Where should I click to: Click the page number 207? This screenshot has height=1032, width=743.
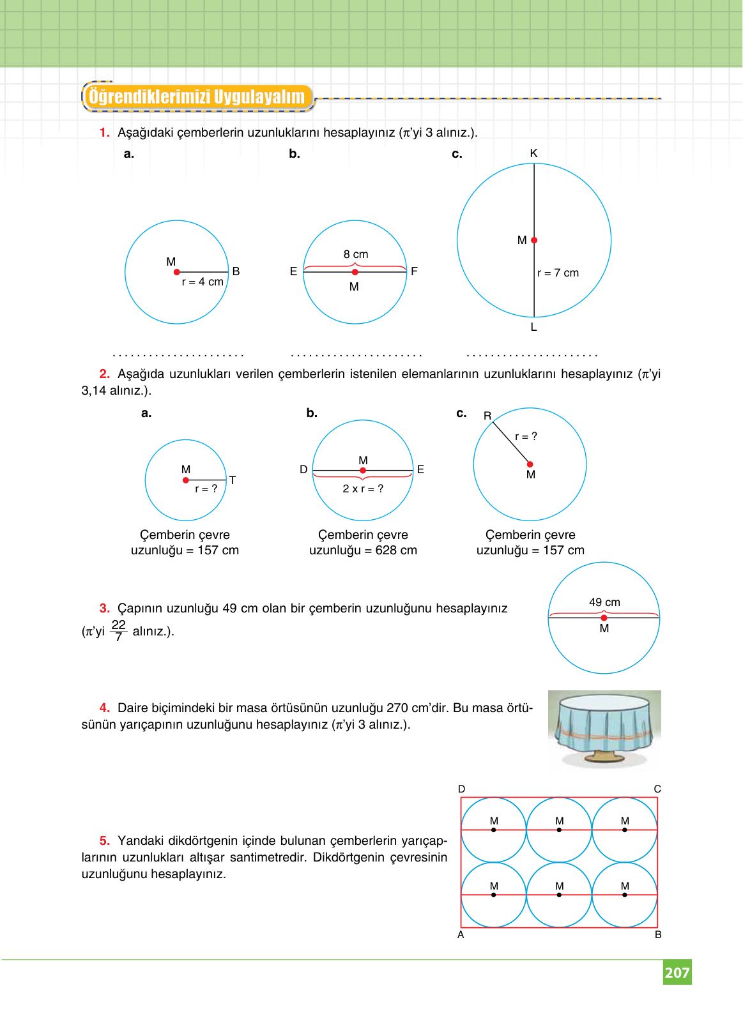(x=677, y=973)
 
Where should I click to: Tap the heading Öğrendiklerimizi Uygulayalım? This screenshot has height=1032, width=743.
(x=197, y=97)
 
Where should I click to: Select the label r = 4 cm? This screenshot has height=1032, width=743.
(x=203, y=282)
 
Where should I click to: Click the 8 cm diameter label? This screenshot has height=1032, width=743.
(x=356, y=254)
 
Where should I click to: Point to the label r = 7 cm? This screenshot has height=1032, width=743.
(x=558, y=273)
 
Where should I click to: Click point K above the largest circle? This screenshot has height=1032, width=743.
(x=533, y=153)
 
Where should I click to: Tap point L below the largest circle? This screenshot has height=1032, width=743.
(x=533, y=327)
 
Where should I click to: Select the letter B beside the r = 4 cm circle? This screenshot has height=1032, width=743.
(x=236, y=271)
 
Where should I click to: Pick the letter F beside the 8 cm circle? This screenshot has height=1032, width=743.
(x=414, y=271)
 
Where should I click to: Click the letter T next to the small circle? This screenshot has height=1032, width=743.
(x=233, y=480)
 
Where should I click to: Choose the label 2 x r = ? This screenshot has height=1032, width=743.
(x=363, y=489)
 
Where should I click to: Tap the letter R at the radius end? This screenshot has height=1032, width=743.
(x=487, y=416)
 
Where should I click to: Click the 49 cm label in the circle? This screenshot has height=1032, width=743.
(x=604, y=602)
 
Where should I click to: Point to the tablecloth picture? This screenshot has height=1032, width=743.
(x=604, y=728)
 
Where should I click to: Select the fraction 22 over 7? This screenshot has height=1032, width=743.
(x=118, y=630)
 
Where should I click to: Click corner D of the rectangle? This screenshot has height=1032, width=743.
(x=461, y=789)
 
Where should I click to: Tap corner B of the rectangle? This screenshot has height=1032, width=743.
(x=658, y=935)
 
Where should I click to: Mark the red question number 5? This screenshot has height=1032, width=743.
(x=105, y=840)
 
